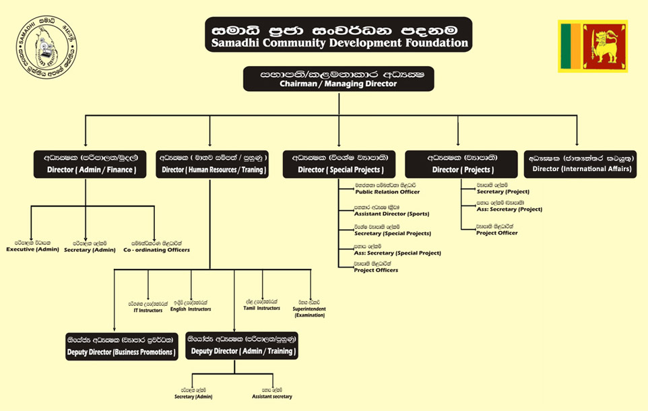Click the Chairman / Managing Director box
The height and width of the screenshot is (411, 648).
click(x=338, y=79)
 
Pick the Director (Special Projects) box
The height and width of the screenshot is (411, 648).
click(x=341, y=164)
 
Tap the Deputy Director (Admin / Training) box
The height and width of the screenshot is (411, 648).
click(x=242, y=346)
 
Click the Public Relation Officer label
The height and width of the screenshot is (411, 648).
click(x=387, y=192)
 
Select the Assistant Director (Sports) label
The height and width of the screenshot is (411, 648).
click(x=391, y=214)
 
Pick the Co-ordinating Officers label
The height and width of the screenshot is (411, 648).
click(x=156, y=250)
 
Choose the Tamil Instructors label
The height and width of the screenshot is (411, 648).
click(x=261, y=308)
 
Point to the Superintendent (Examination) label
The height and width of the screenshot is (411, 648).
click(x=309, y=311)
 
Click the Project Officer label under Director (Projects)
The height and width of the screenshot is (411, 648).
click(x=496, y=232)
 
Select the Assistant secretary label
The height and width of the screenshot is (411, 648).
click(x=272, y=397)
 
